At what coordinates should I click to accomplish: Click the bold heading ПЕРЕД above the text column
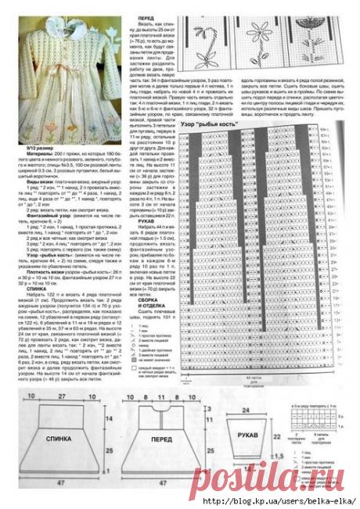(145, 16)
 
